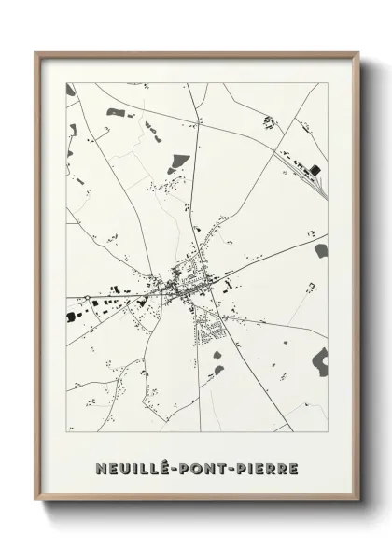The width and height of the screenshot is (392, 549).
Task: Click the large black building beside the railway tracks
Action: (x=315, y=169)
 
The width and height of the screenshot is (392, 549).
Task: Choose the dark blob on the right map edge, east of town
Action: (x=322, y=250)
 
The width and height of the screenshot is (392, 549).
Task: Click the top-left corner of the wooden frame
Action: (x=36, y=52)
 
